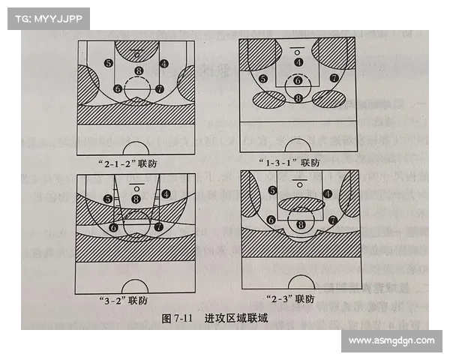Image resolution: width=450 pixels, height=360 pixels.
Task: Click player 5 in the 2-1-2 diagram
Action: tap(109, 64)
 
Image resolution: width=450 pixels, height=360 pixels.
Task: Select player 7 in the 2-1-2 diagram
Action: tap(160, 88)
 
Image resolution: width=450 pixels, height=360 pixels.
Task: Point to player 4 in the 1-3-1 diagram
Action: tap(298, 62)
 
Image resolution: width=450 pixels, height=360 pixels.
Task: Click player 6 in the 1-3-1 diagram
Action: tap(298, 80)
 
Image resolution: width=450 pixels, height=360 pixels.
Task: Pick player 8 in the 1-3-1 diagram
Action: tap(298, 97)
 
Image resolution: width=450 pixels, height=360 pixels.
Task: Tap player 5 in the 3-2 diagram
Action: tap(109, 199)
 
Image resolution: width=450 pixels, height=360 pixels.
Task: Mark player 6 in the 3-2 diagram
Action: tap(114, 226)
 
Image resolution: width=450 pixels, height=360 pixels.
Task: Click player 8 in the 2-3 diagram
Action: tap(301, 224)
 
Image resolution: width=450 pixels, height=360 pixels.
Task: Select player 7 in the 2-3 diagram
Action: tap(331, 220)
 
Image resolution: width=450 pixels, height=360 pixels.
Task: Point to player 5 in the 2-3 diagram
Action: tap(271, 191)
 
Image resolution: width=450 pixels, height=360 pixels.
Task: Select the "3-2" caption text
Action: tap(122, 301)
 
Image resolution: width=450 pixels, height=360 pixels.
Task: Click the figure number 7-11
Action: tap(178, 319)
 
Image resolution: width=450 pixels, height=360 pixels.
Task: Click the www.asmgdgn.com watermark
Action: tap(391, 341)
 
